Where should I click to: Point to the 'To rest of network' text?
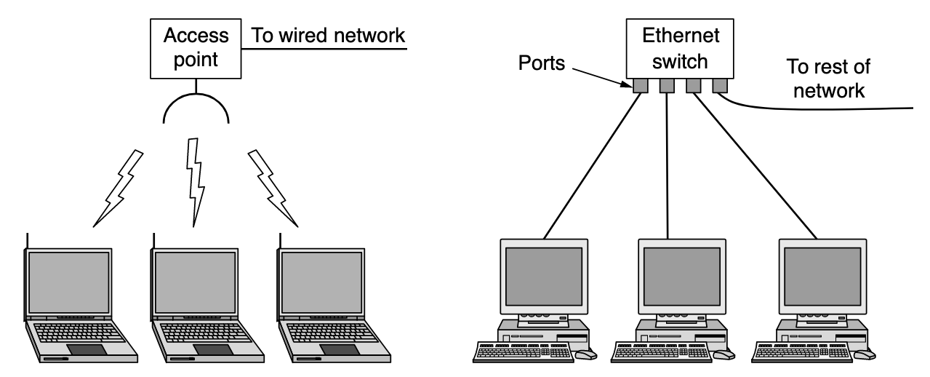coord(828,79)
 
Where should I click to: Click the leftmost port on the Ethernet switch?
coord(640,87)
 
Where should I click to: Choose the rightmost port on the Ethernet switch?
coord(719,87)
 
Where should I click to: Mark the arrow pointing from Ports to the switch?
coord(600,76)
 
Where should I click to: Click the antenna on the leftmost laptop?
coord(27,242)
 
